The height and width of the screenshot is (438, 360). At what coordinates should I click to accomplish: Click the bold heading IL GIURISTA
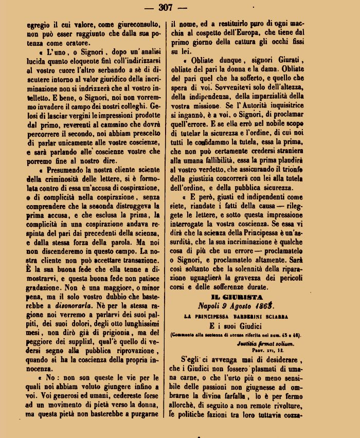(x=237, y=297)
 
